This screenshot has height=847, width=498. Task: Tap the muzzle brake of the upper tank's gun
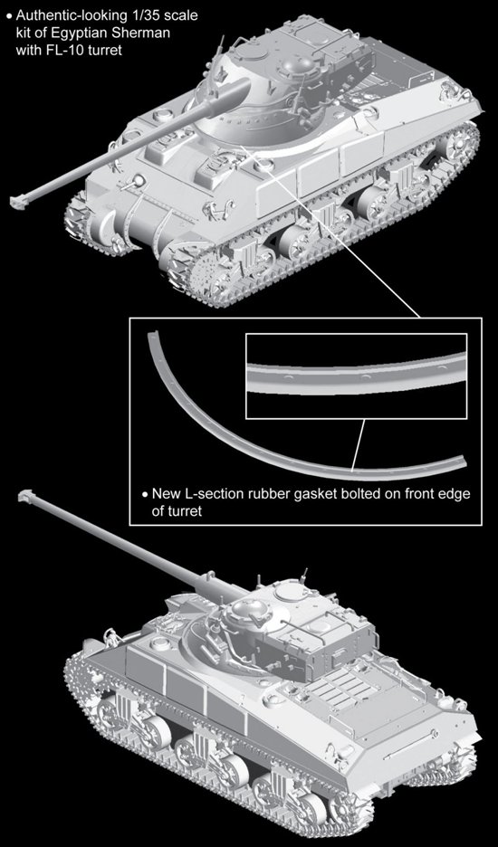[18, 202]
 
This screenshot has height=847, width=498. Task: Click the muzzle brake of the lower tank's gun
[27, 495]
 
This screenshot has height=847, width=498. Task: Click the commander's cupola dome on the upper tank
[295, 66]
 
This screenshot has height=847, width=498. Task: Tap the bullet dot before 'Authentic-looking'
[7, 16]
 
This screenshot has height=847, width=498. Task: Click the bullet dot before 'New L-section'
[144, 494]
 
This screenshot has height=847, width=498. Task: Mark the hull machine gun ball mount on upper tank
[138, 181]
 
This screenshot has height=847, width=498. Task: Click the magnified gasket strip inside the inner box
[357, 373]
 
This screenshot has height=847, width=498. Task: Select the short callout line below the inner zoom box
[358, 444]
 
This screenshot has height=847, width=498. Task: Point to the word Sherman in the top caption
[145, 33]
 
